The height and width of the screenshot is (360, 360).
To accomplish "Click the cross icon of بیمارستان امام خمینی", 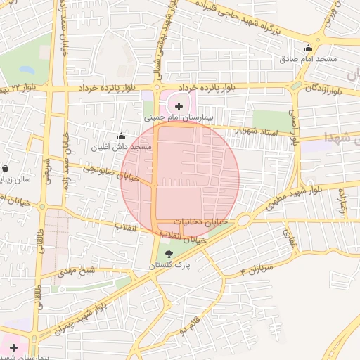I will pos(179,106).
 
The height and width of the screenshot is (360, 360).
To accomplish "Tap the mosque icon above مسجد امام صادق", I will pos(308,48).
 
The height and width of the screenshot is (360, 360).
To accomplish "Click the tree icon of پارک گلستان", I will pos(169,255).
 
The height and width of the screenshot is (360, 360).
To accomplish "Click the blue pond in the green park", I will pos(27,70).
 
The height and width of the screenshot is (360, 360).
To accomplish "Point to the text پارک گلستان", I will pos(169,266).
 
